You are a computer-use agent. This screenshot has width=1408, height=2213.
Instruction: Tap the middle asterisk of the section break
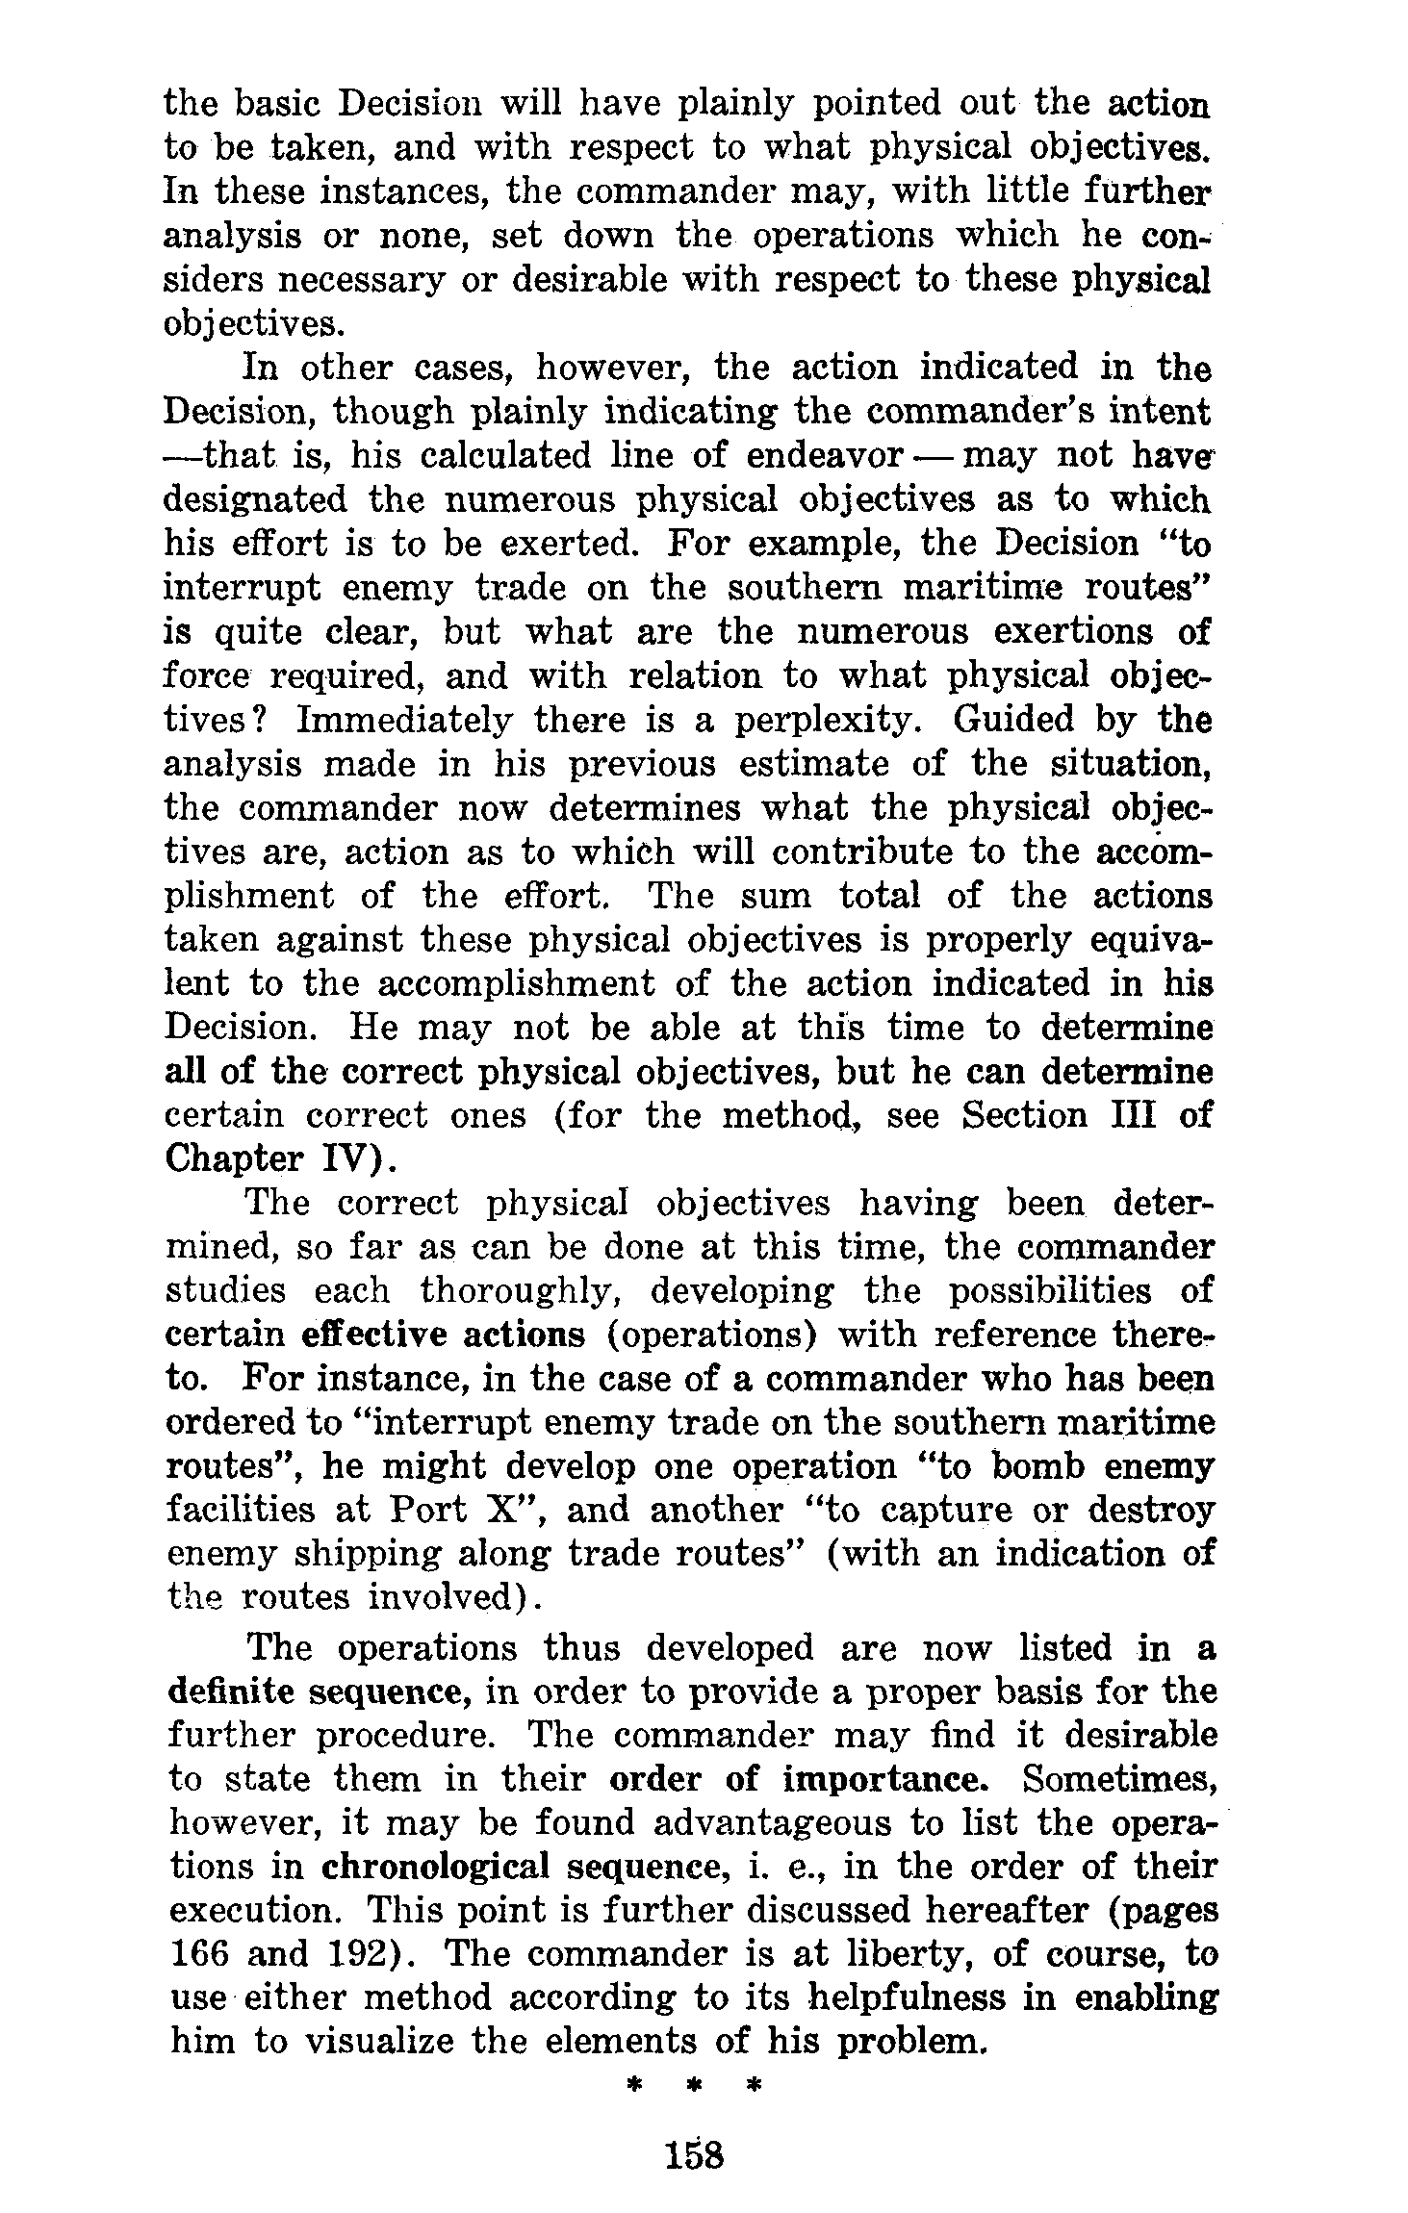click(693, 2086)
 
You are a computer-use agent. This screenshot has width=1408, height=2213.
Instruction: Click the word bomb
click(1047, 1467)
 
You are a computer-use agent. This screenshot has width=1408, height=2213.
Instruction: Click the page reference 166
click(199, 1954)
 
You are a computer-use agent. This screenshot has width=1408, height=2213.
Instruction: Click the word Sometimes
click(1119, 1779)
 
